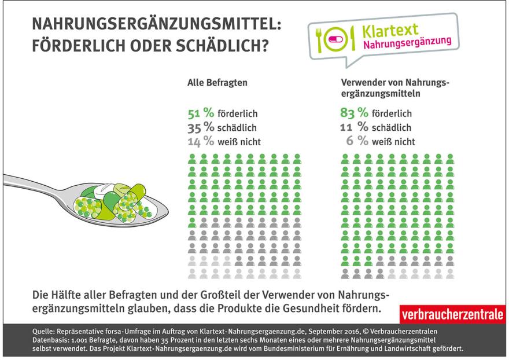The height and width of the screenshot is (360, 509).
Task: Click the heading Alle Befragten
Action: tap(217, 83)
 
